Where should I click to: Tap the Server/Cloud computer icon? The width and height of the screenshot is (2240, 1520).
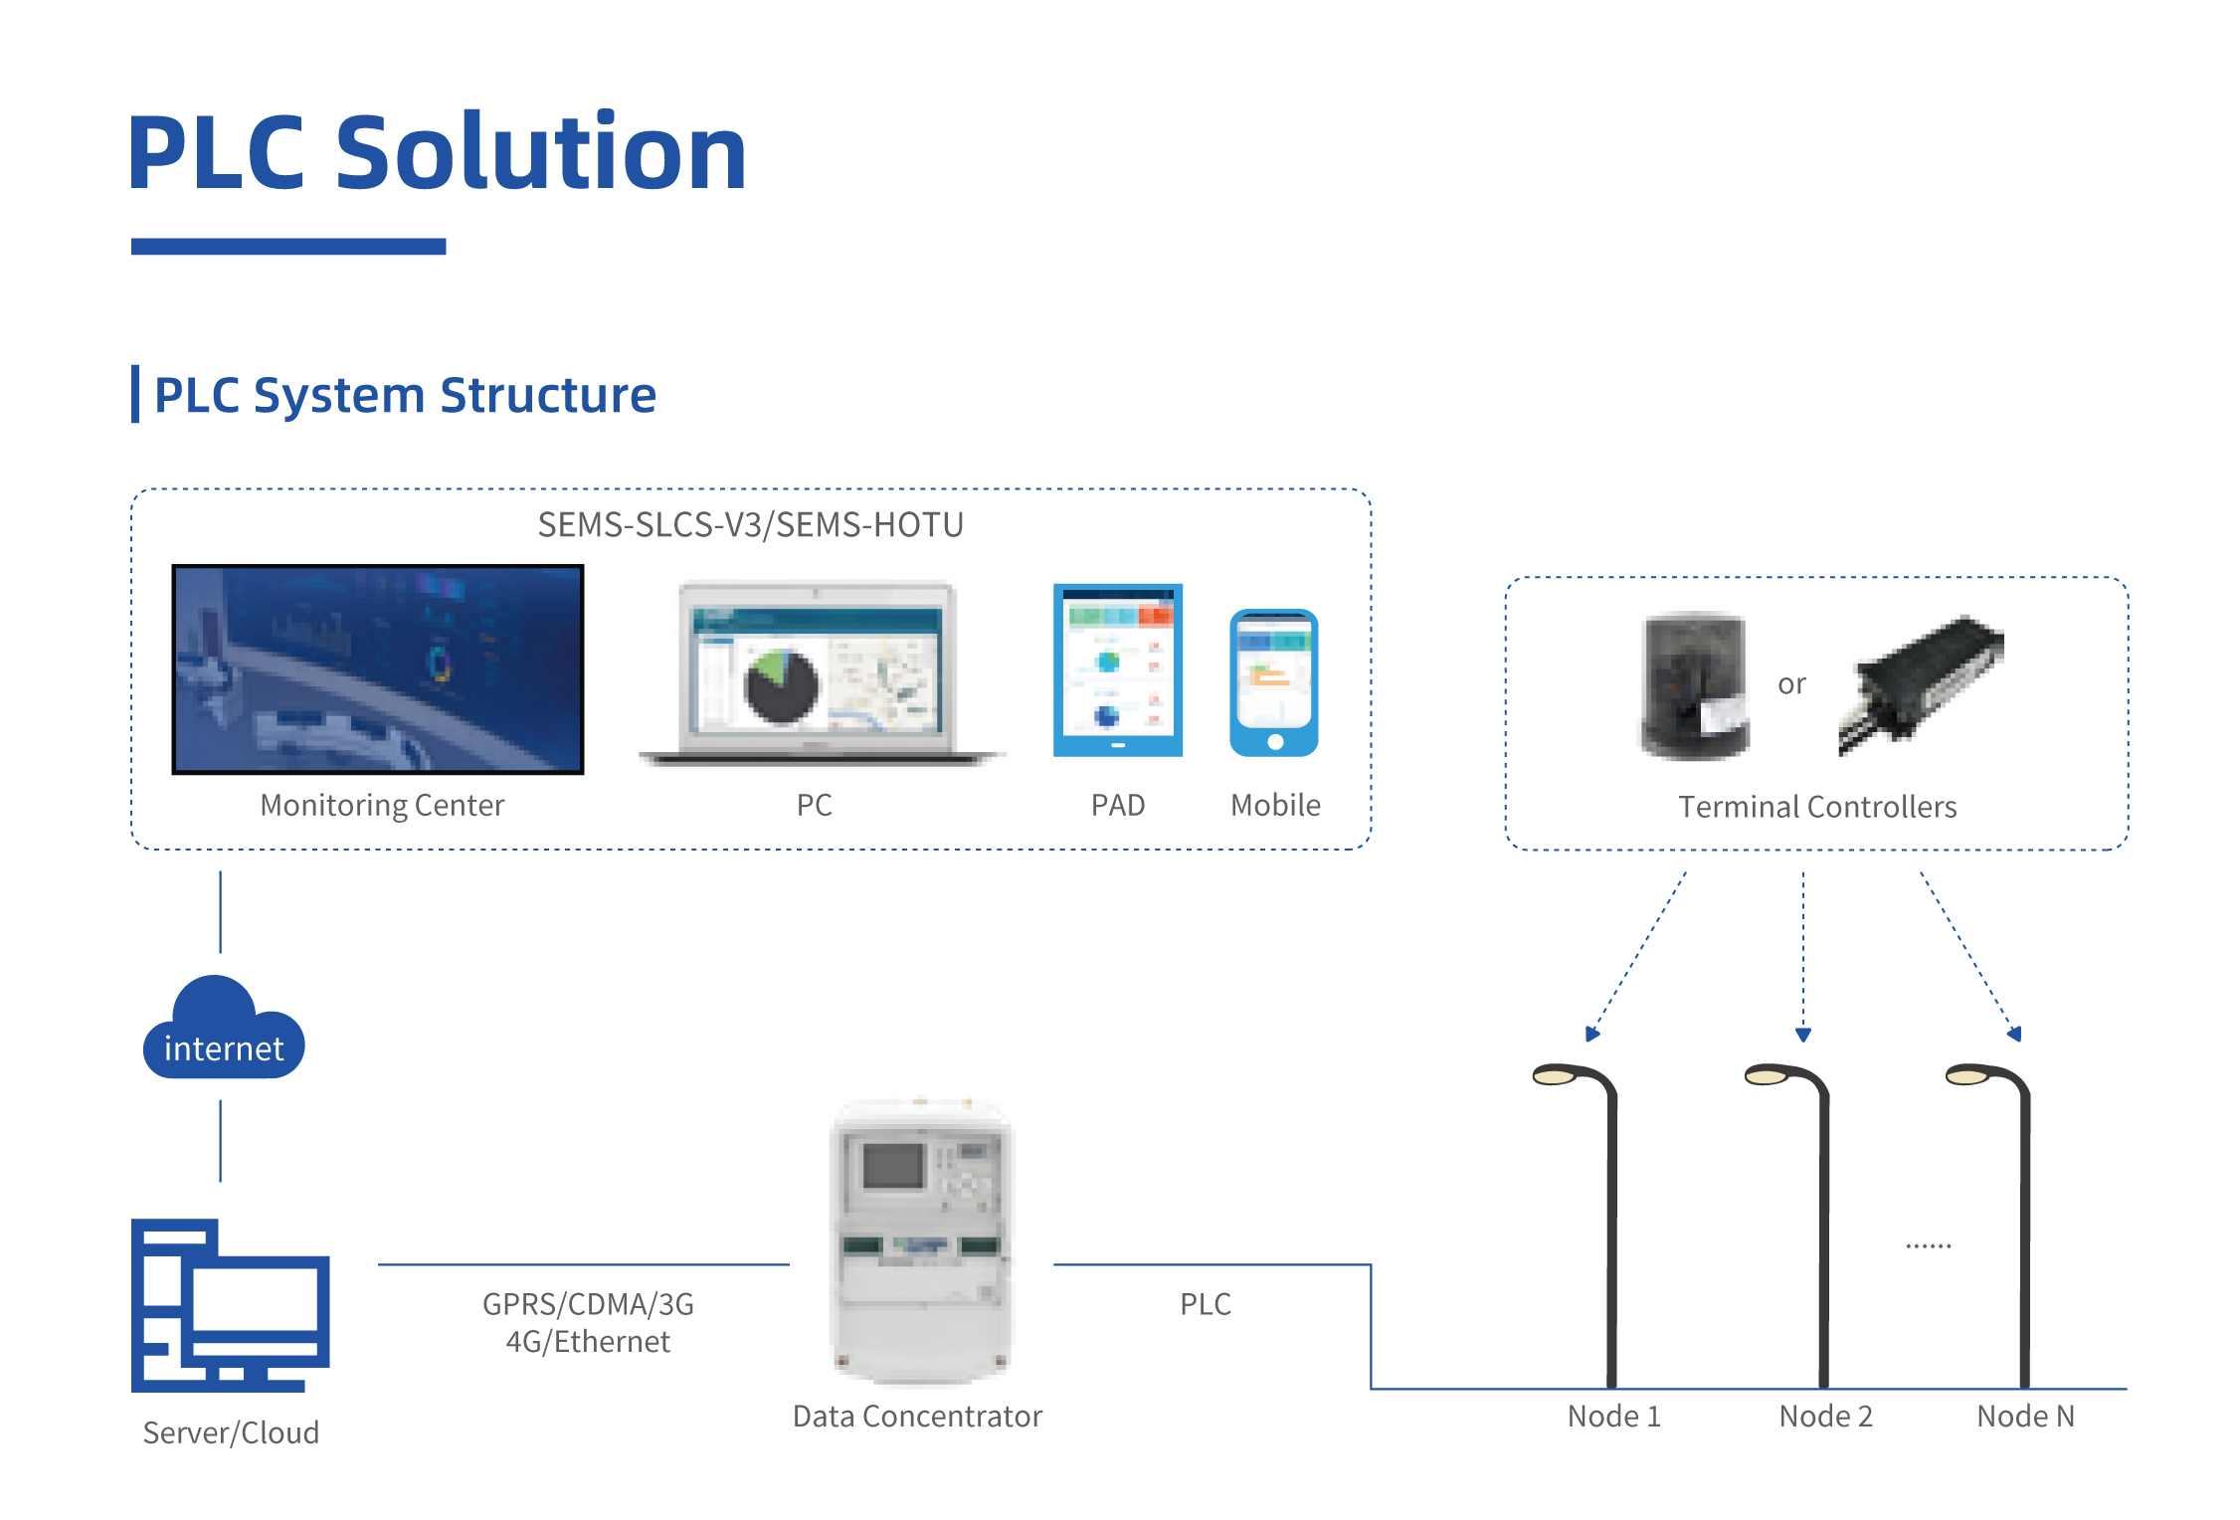click(x=230, y=1305)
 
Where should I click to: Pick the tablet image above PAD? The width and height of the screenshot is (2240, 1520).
click(x=1118, y=670)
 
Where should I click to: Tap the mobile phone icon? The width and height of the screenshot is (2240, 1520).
click(x=1274, y=683)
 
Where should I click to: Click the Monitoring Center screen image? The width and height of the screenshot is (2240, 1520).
click(x=378, y=669)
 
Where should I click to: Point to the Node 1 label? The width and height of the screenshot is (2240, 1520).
click(x=1614, y=1416)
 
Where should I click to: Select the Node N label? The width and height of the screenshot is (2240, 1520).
click(x=2026, y=1416)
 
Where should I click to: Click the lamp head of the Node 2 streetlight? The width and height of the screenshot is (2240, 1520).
click(x=1768, y=1075)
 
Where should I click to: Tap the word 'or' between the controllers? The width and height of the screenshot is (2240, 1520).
click(x=1791, y=684)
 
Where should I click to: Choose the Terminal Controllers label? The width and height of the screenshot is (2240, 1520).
click(x=1817, y=807)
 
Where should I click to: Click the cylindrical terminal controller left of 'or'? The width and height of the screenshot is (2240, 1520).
click(x=1694, y=685)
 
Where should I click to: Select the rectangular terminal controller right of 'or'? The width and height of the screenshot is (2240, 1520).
click(x=1920, y=684)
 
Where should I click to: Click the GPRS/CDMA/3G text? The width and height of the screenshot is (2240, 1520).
click(x=588, y=1304)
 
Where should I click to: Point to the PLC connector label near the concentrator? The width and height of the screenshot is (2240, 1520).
click(x=1206, y=1304)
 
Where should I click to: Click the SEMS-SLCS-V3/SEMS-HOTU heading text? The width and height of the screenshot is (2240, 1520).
click(x=751, y=524)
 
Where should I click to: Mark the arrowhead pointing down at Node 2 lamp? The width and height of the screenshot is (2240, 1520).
click(x=1803, y=1035)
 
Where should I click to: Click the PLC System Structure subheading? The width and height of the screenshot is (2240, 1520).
click(x=405, y=396)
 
